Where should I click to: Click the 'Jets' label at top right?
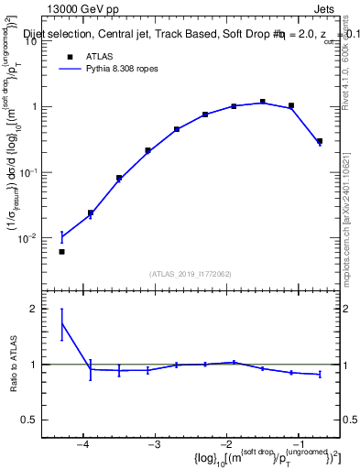324,8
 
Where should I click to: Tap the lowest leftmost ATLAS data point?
61,251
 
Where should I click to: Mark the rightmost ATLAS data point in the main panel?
319,141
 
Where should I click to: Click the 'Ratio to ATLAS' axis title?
13,365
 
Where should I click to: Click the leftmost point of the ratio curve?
61,322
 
